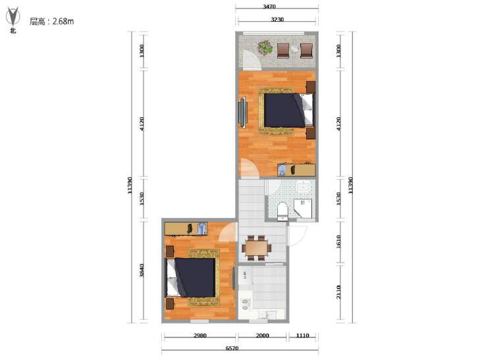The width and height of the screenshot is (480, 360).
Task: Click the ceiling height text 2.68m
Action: coord(63,22)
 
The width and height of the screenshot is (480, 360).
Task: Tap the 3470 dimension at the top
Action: coord(269,7)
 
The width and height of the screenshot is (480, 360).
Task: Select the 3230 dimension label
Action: coord(277,19)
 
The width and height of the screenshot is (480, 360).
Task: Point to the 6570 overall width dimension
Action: coord(232,348)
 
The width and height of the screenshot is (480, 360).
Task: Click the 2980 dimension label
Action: coord(200,335)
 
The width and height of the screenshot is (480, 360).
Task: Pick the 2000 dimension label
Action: coord(262,335)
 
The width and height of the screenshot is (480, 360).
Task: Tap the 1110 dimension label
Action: coord(302,335)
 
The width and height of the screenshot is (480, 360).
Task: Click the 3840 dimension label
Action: coord(142,270)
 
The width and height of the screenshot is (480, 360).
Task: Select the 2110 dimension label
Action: coord(338,292)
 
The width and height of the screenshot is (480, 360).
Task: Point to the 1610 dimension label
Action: coord(338,242)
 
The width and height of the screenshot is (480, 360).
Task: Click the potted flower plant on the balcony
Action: coord(265,48)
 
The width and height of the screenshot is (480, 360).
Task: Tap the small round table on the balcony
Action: coord(294,49)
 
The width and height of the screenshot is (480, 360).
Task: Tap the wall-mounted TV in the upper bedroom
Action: coord(243,113)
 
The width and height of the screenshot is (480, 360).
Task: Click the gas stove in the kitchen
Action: coord(245,303)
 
